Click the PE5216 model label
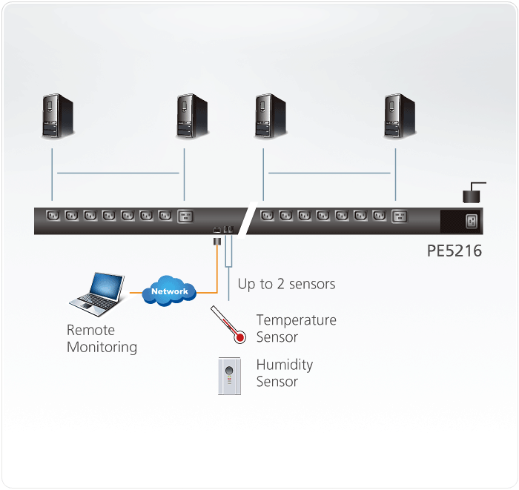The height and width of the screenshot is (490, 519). pyautogui.click(x=454, y=251)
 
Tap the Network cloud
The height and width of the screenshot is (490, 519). pyautogui.click(x=170, y=290)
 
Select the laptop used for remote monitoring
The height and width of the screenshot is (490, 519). pyautogui.click(x=96, y=293)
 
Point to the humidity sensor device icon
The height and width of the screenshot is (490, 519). pyautogui.click(x=229, y=376)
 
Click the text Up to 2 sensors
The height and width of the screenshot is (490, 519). pyautogui.click(x=286, y=284)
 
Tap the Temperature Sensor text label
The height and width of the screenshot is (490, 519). pyautogui.click(x=296, y=328)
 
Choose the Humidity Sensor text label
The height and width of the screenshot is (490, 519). pyautogui.click(x=284, y=373)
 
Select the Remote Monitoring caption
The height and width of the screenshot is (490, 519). pyautogui.click(x=102, y=338)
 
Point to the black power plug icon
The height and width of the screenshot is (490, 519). pyautogui.click(x=472, y=194)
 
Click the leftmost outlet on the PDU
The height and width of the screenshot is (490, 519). pyautogui.click(x=53, y=216)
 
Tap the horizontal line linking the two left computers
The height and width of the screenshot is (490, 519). pyautogui.click(x=119, y=173)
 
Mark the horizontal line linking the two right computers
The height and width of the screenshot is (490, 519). pyautogui.click(x=328, y=173)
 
